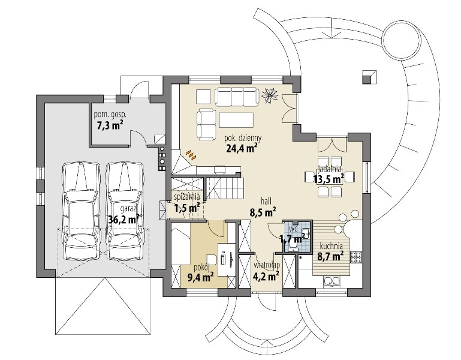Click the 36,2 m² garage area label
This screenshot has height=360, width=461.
click(123, 219)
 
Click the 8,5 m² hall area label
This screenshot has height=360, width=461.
click(263, 212)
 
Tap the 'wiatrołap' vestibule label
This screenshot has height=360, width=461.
click(267, 265)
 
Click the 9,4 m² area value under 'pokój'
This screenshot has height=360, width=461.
click(200, 277)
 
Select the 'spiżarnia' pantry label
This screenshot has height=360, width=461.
click(187, 196)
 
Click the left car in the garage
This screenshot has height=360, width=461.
click(80, 211)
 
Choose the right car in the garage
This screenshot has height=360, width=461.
click(125, 211)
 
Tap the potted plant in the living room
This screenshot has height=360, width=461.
click(270, 95)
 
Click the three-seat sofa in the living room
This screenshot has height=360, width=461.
click(237, 96)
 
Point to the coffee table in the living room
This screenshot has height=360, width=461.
click(236, 120)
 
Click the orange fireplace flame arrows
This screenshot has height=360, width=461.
click(191, 155)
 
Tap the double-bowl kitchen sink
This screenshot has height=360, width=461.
click(332, 281)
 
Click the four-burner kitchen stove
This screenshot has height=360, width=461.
click(356, 256)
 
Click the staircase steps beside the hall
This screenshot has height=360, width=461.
click(224, 188)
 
